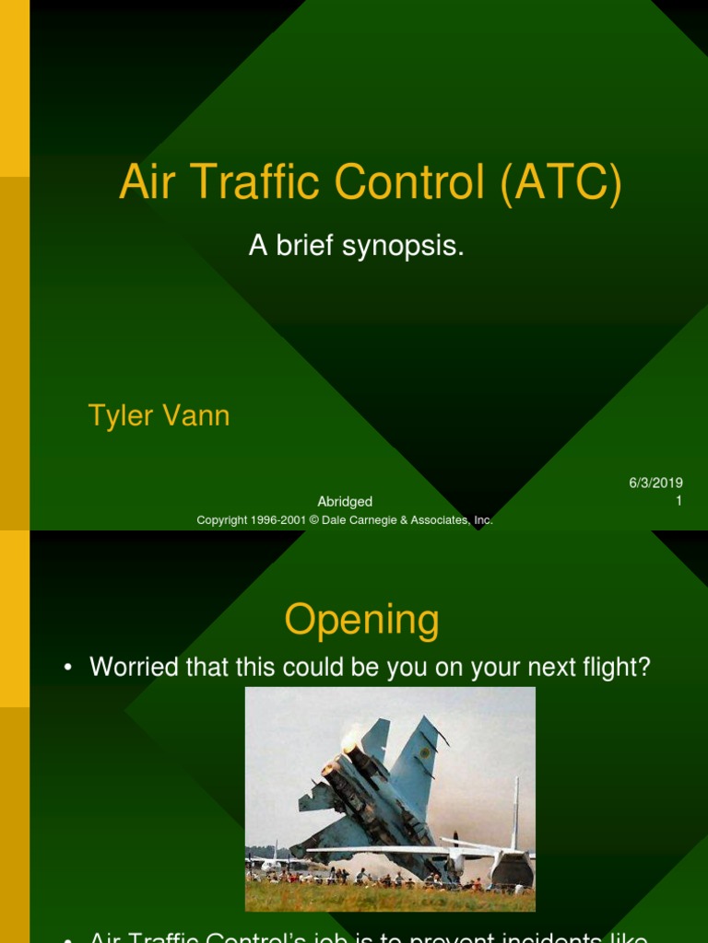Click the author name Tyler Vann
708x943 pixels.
tap(159, 415)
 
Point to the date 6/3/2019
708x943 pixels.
tap(655, 483)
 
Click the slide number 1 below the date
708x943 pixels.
tap(678, 502)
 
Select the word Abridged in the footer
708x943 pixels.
tap(345, 502)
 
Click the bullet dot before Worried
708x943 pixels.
tap(69, 669)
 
